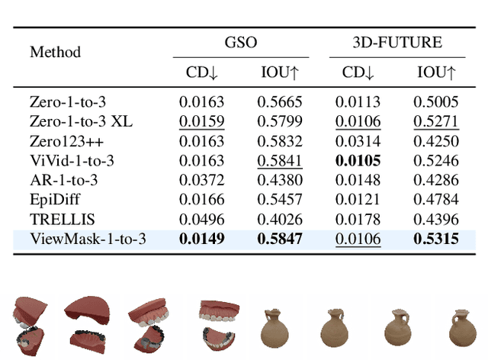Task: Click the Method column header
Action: (55, 53)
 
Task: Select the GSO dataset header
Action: (240, 43)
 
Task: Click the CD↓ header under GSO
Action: (202, 73)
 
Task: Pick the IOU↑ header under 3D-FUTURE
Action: (435, 73)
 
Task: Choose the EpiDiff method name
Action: (54, 200)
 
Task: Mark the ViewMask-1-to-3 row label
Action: (88, 239)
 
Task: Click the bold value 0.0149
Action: (202, 239)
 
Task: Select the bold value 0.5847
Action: (280, 239)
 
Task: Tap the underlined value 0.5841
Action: (280, 160)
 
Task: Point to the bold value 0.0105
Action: (358, 160)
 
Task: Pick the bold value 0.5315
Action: (435, 239)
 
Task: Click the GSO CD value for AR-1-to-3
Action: (202, 180)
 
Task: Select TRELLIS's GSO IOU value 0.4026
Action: (280, 220)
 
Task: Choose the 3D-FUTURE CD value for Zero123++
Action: (358, 140)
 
